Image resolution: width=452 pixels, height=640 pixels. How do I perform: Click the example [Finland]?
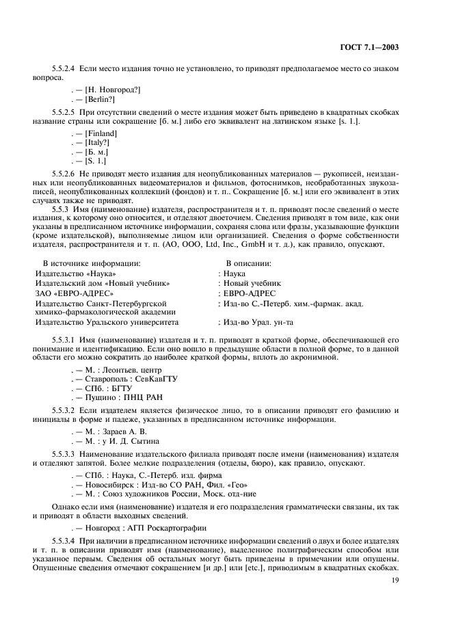tap(101, 133)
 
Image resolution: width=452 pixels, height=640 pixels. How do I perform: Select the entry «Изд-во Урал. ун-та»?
tap(257, 322)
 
